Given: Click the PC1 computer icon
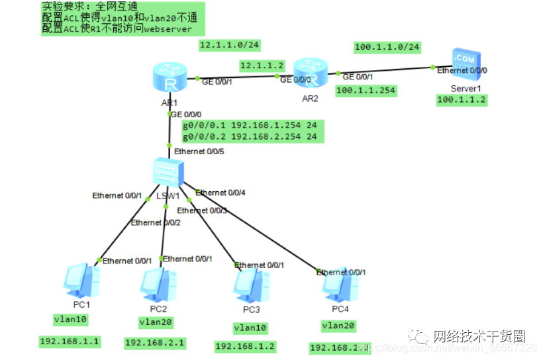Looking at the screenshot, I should pyautogui.click(x=81, y=281).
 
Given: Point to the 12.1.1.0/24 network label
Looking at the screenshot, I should pyautogui.click(x=228, y=45).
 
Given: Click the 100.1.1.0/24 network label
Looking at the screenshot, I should pyautogui.click(x=387, y=47).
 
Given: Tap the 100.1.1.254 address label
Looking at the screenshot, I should pyautogui.click(x=366, y=89).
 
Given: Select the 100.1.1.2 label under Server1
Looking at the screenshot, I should pyautogui.click(x=462, y=100).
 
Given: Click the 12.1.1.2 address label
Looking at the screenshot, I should pyautogui.click(x=262, y=66).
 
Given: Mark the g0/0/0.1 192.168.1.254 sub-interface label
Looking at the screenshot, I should pyautogui.click(x=250, y=124).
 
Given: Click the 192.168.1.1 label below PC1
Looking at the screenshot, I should pyautogui.click(x=70, y=341).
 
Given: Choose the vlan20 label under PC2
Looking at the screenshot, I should pyautogui.click(x=157, y=322).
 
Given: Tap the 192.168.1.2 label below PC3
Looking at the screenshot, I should pyautogui.click(x=245, y=346).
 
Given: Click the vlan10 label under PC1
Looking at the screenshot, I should pyautogui.click(x=70, y=319).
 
